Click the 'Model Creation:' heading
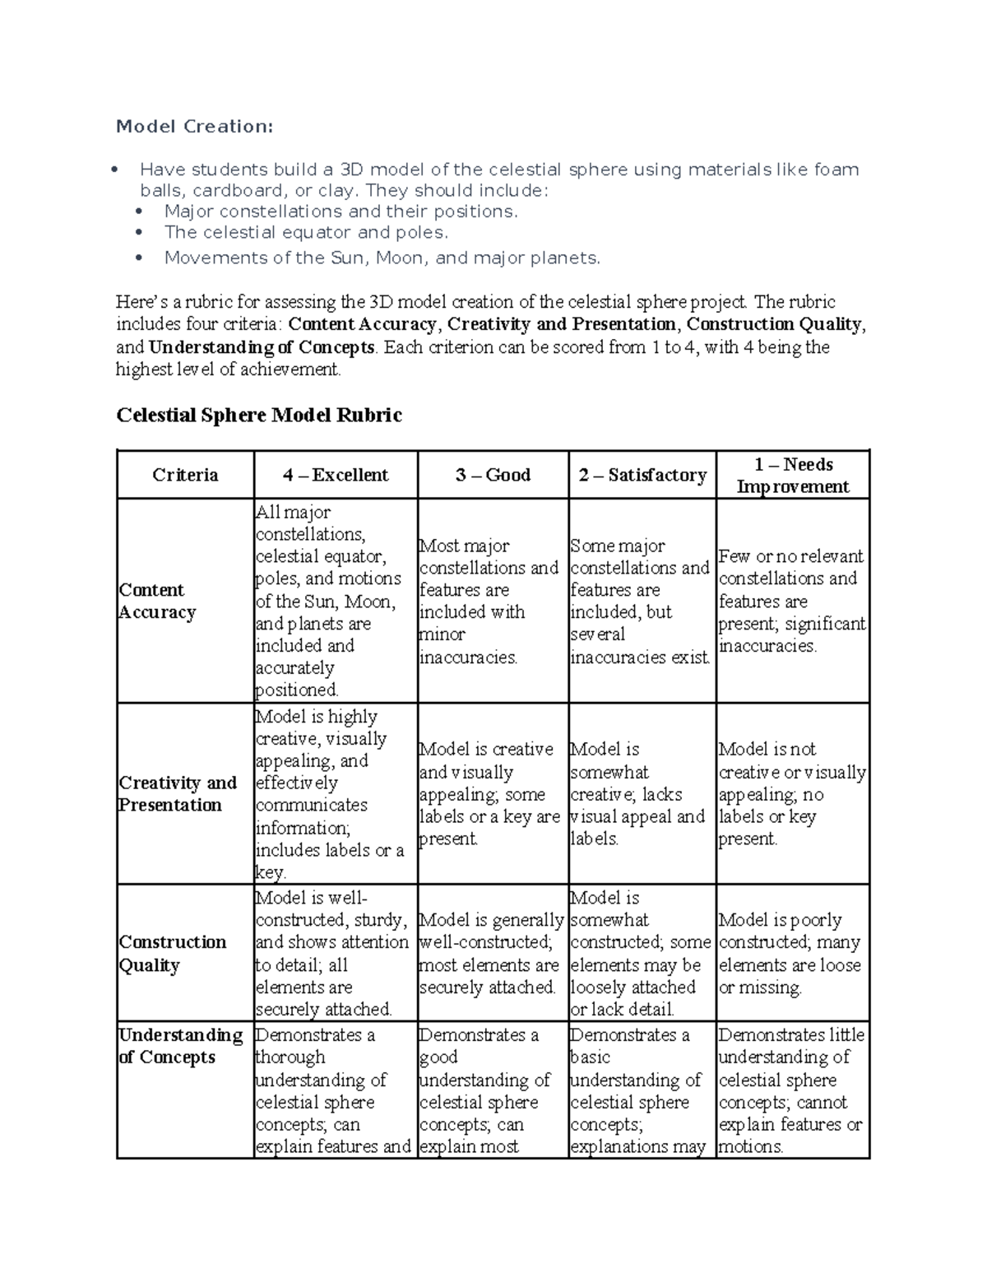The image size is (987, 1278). tap(194, 126)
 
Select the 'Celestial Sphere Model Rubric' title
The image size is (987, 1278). tap(259, 415)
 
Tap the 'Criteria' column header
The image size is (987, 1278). tap(185, 475)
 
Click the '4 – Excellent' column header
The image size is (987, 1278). tap(336, 475)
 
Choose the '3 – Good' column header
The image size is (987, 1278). tap(493, 475)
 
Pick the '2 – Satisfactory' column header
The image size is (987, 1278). tap(642, 475)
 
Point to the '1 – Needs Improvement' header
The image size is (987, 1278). tap(793, 475)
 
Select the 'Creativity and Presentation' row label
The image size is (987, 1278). tap(178, 793)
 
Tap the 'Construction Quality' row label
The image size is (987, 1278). tap(173, 953)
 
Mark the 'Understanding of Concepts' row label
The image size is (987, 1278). tap(181, 1046)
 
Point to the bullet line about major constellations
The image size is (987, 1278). tap(341, 211)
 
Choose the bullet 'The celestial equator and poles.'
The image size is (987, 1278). tap(306, 232)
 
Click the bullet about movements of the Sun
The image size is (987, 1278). tap(382, 258)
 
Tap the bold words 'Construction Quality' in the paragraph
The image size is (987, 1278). tap(774, 324)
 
